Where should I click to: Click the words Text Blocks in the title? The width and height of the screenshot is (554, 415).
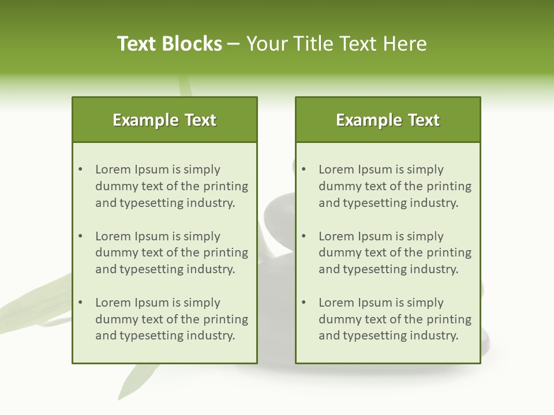(170, 44)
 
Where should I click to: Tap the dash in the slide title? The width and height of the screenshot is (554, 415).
(234, 44)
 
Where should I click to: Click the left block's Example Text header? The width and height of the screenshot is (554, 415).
(164, 120)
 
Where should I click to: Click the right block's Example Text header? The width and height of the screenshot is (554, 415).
(388, 120)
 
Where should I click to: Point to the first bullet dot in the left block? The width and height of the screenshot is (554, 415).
(80, 169)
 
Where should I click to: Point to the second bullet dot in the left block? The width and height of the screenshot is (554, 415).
(80, 236)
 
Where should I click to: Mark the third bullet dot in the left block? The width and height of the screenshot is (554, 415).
(80, 303)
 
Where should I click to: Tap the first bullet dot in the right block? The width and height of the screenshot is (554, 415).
(304, 169)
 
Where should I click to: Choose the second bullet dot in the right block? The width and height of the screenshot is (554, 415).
(304, 236)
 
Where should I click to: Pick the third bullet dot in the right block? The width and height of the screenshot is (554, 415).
(304, 303)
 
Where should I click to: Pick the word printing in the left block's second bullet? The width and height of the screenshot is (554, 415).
(226, 252)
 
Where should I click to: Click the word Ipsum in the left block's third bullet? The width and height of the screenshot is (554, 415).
(152, 303)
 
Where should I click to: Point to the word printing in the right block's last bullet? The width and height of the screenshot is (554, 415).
(449, 319)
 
